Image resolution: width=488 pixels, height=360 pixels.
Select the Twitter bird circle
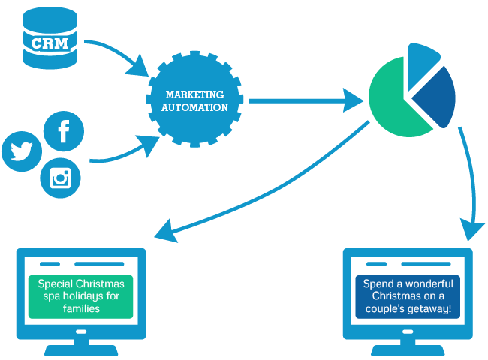(x=22, y=151)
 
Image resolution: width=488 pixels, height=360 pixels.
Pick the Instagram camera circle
(x=59, y=178)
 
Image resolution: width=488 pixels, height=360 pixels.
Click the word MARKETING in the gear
(x=194, y=94)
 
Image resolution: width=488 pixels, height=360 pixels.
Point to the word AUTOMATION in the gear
(x=194, y=106)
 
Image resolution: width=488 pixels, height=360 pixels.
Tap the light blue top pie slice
(x=422, y=60)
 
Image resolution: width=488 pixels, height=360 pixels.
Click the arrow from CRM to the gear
(x=120, y=56)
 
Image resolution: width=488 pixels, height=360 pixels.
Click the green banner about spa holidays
(x=80, y=296)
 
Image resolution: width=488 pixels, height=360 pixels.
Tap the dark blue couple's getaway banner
(x=407, y=296)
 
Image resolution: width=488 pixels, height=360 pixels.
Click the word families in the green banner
(x=80, y=308)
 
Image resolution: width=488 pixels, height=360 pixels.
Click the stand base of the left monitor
(x=80, y=350)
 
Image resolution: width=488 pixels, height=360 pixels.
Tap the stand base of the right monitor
(x=407, y=350)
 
